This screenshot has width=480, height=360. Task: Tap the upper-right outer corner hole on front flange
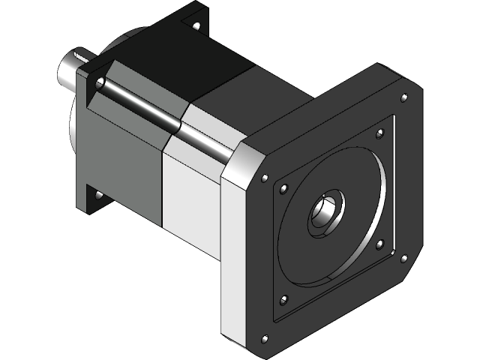click(405, 97)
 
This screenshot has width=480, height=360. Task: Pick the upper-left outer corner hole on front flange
click(264, 178)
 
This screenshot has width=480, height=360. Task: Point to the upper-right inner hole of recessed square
click(379, 133)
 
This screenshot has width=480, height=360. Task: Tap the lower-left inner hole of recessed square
click(283, 300)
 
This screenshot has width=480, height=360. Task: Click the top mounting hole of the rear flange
click(196, 25)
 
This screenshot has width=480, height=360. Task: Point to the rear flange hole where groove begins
click(97, 82)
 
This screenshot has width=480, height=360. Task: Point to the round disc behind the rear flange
click(75, 135)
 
